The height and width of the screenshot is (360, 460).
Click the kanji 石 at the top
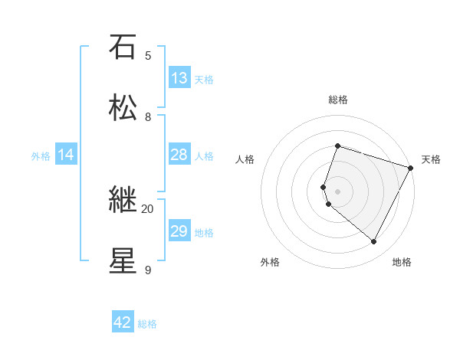122,47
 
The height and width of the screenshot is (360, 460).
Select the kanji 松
122,108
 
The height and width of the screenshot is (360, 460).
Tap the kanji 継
122,200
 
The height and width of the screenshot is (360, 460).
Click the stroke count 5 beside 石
148,55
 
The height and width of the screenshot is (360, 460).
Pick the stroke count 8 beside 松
148,116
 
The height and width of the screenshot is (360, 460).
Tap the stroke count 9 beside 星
148,270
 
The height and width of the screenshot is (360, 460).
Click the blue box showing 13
179,78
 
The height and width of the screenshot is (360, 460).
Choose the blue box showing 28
179,155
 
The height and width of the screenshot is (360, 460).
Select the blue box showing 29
179,231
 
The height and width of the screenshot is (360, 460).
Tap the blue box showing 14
66,155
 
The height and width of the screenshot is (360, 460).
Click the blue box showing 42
123,322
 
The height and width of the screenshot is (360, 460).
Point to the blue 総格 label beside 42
147,324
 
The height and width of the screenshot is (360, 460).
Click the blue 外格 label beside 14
41,156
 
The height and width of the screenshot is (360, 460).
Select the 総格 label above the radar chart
337,100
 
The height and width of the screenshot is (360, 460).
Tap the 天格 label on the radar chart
431,159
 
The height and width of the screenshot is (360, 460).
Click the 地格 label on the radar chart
402,262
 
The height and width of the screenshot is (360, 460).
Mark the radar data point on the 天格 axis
411,168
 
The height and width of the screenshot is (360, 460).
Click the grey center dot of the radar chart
337,191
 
